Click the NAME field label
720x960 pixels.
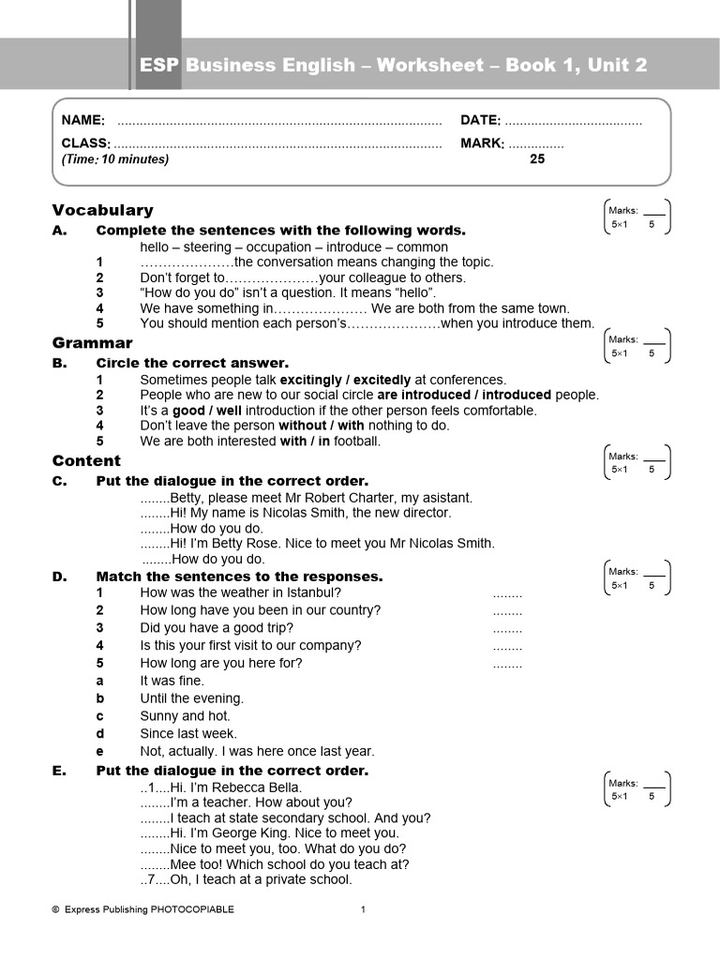click(x=83, y=120)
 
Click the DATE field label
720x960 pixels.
click(x=480, y=120)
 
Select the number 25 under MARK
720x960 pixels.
click(x=537, y=159)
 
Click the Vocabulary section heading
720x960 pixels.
click(x=102, y=210)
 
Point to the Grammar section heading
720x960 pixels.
click(x=92, y=343)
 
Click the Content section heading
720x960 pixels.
click(x=86, y=460)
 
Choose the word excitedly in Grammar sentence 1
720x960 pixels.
click(x=382, y=380)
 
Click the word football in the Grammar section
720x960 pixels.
click(x=357, y=441)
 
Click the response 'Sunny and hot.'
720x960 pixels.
click(x=185, y=716)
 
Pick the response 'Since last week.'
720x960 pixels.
click(x=188, y=734)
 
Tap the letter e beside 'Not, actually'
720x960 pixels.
click(x=99, y=752)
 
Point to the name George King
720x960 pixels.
click(x=238, y=832)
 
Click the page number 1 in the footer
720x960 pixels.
click(x=363, y=909)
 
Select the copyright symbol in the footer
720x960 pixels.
click(x=55, y=909)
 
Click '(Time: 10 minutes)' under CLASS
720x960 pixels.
click(x=115, y=159)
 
